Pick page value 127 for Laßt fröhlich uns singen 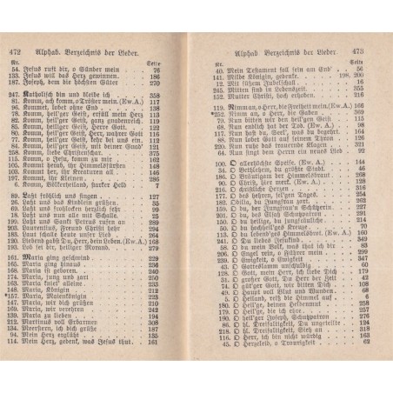point(179,221)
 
